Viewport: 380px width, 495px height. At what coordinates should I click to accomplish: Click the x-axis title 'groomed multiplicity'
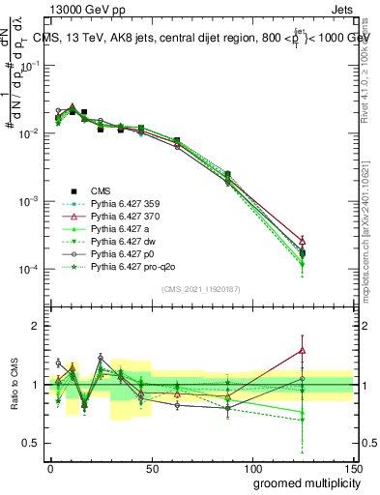coord(294,481)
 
